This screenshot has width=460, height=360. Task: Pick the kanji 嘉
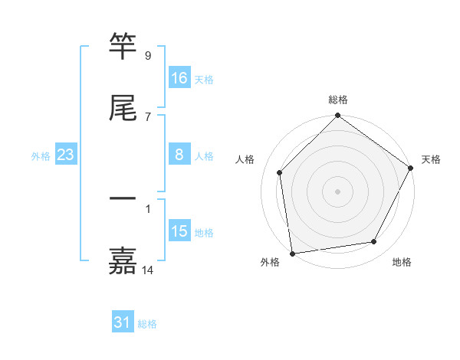(x=123, y=261)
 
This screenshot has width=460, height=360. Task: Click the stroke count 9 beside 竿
(x=147, y=56)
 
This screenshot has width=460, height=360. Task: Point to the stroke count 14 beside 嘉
(x=148, y=270)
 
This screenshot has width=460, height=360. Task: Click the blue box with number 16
(x=179, y=77)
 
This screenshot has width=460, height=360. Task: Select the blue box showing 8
(x=179, y=155)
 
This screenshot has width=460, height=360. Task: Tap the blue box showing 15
(x=179, y=231)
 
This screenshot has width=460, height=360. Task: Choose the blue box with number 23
(x=66, y=155)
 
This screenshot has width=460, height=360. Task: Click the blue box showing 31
(x=123, y=322)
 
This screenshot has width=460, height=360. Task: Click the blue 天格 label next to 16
(x=204, y=79)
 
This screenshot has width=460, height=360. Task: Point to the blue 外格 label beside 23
(x=41, y=155)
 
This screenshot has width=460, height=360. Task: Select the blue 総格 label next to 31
(x=147, y=324)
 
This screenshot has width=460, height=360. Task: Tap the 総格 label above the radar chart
(x=338, y=100)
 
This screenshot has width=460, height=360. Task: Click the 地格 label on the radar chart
(x=402, y=262)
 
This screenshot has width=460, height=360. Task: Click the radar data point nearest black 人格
(x=280, y=172)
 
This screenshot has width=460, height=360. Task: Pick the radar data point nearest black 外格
(x=292, y=253)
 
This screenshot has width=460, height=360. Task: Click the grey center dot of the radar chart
(x=338, y=191)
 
